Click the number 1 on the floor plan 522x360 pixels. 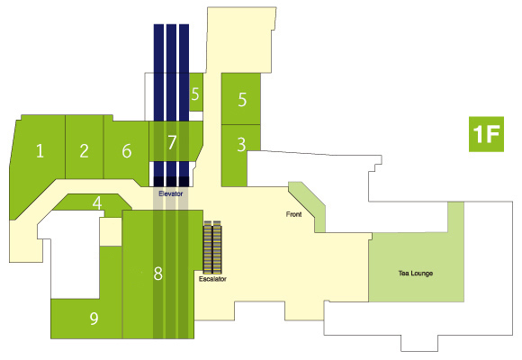tap(40, 151)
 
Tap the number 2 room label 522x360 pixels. tap(84, 151)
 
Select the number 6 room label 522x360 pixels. tap(127, 151)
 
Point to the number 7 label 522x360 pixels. tap(172, 142)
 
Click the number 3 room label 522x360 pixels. tap(242, 145)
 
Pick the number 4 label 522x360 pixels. tap(97, 202)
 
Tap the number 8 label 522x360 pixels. tap(158, 274)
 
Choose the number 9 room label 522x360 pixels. tap(94, 318)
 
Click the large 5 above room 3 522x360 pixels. tap(242, 99)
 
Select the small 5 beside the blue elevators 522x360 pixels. tap(195, 94)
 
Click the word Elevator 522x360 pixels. tap(170, 193)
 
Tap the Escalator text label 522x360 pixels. tap(212, 279)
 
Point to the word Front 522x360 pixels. tap(293, 214)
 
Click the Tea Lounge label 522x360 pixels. tap(416, 274)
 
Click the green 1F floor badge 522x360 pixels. tap(486, 134)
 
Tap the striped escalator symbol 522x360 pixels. tap(212, 247)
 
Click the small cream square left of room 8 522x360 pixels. tap(111, 232)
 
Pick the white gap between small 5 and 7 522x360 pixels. tap(196, 116)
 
